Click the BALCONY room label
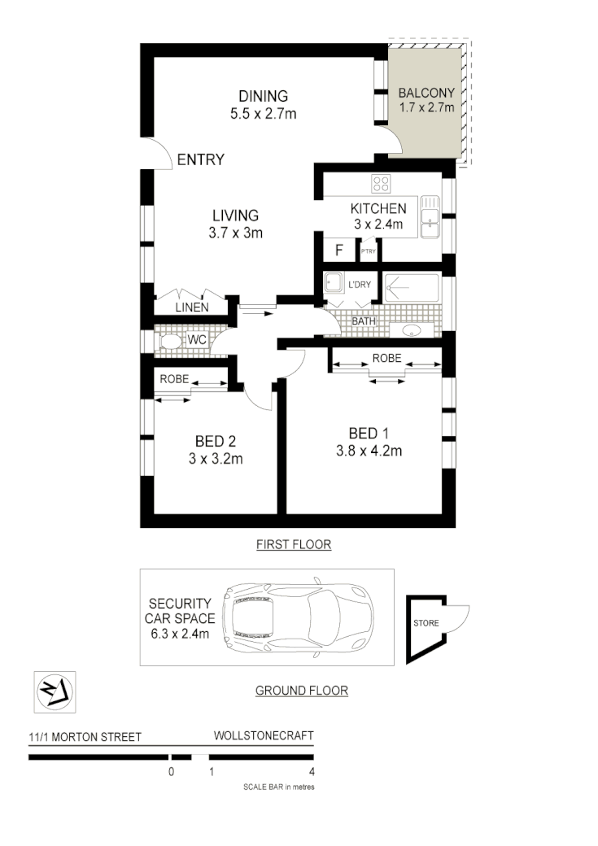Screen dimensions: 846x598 (x=426, y=92)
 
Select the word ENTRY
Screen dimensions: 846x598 (x=200, y=160)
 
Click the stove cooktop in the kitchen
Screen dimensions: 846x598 (x=381, y=182)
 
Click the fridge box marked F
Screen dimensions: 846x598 (x=338, y=250)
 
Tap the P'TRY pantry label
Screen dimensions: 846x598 (x=369, y=251)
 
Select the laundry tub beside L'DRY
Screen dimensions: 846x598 (x=334, y=283)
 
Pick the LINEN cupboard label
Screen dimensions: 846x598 (x=192, y=307)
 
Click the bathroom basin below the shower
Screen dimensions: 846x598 (x=410, y=330)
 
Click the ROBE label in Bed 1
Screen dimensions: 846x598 (x=386, y=358)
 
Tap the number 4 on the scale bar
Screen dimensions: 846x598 (x=312, y=772)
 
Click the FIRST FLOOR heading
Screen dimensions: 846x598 (x=294, y=544)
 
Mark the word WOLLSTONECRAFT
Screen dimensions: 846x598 (x=263, y=735)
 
